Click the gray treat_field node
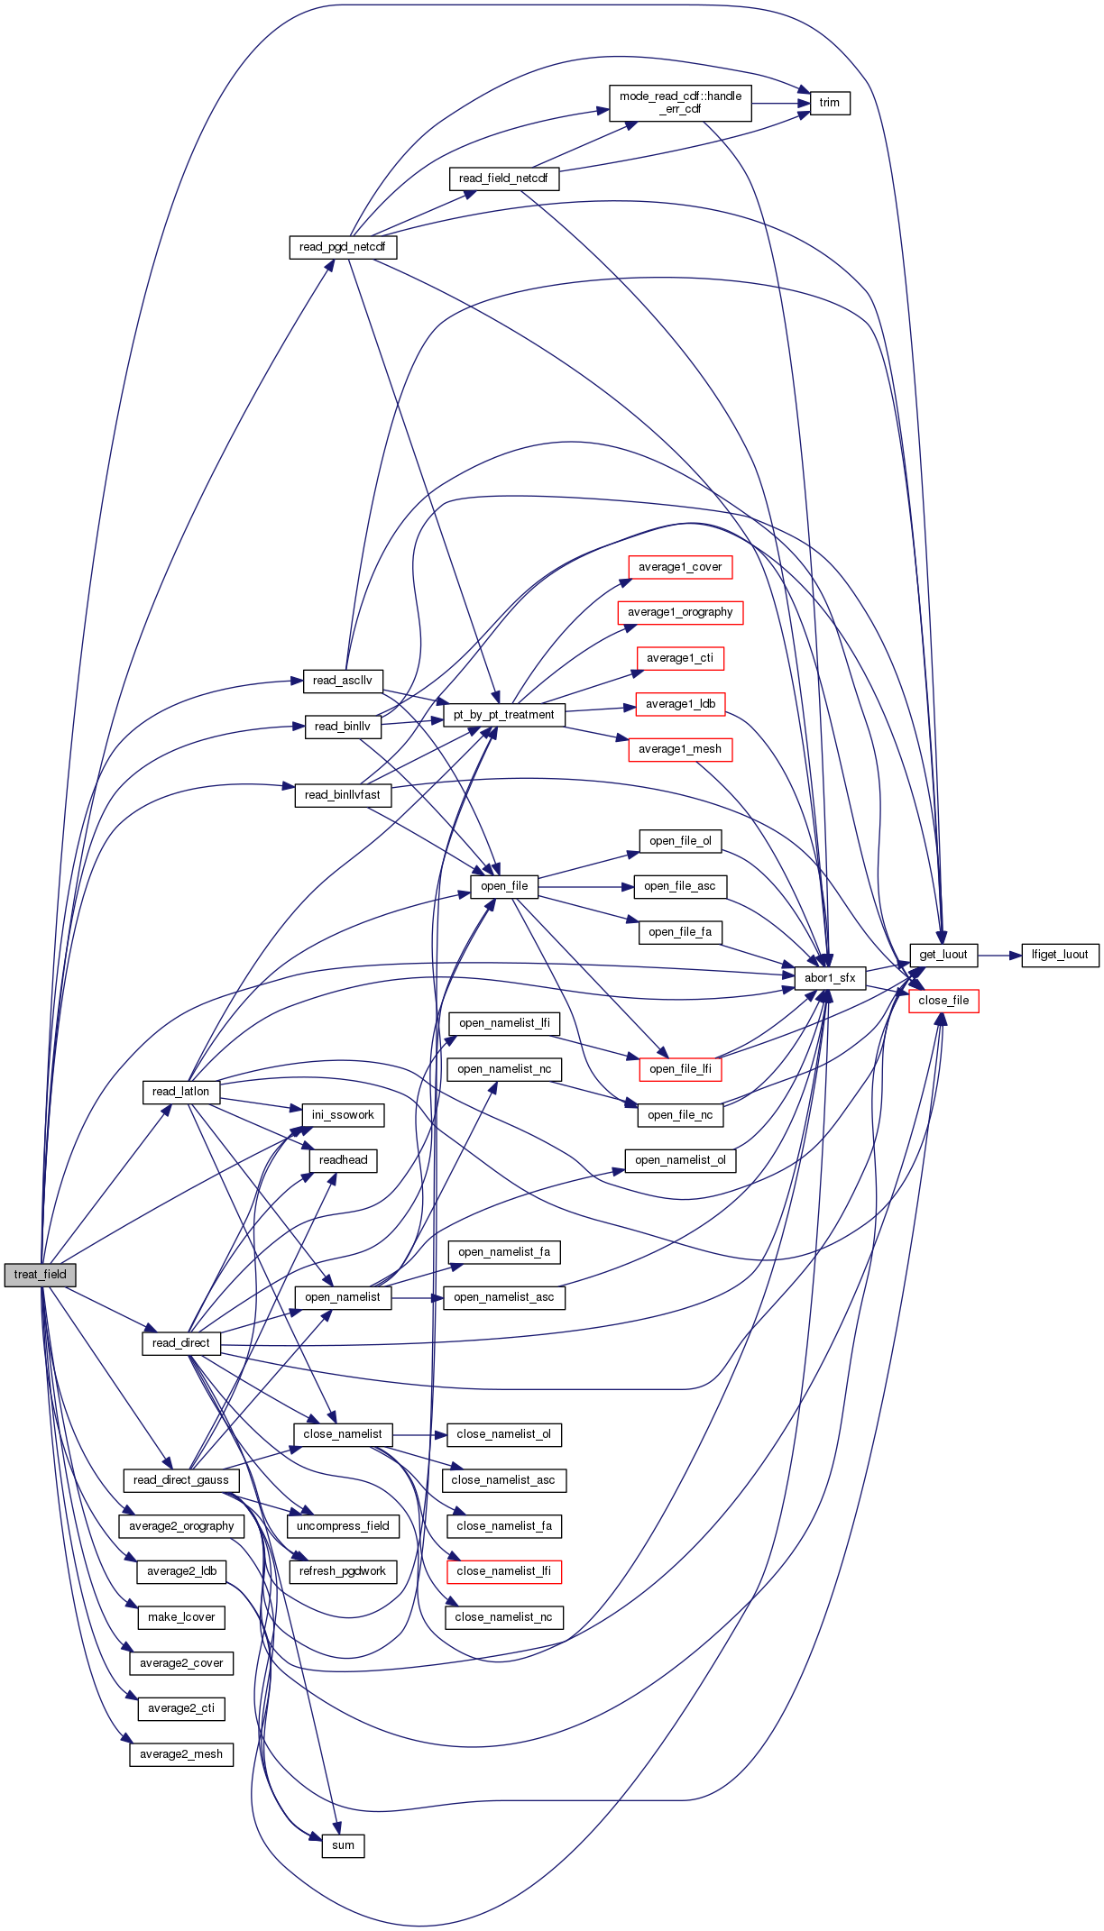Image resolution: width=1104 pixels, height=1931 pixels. pos(41,1275)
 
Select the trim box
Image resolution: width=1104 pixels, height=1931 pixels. pos(829,103)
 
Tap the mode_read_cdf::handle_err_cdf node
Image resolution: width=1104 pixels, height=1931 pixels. pos(680,103)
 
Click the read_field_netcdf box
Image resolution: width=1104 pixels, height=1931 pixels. pos(503,178)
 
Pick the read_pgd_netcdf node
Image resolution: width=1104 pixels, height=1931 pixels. pos(343,247)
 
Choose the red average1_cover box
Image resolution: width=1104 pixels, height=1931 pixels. pos(680,567)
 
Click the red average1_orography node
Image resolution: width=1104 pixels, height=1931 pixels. pos(680,612)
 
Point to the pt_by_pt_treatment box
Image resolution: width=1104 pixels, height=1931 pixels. pos(503,715)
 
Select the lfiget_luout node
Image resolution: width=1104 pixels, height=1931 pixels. pos(1060,955)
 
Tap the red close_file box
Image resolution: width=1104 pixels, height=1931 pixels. pos(943,1001)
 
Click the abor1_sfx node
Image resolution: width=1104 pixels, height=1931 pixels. pos(830,978)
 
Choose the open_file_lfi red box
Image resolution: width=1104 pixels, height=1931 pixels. pos(680,1069)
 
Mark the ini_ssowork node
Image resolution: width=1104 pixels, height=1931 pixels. pos(343,1115)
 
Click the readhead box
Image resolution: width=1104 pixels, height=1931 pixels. pos(343,1160)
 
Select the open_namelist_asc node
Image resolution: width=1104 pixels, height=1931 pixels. pos(504,1297)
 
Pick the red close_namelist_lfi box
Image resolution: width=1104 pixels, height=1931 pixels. pos(503,1571)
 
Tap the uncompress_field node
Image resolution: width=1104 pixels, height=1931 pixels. pos(343,1526)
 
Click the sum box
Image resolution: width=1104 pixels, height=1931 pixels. pos(343,1845)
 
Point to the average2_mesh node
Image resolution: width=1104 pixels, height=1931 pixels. pos(181,1754)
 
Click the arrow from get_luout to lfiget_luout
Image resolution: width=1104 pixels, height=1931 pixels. pos(999,955)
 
